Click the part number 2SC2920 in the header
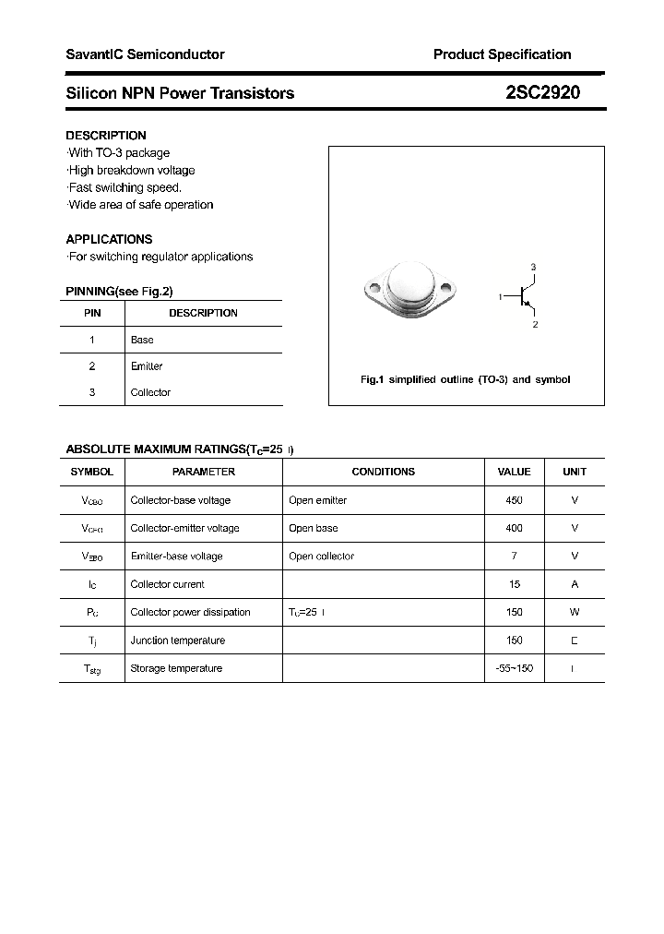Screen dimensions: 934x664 [x=543, y=92]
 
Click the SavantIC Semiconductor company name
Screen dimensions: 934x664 [x=145, y=54]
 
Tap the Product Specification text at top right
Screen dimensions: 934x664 [x=502, y=54]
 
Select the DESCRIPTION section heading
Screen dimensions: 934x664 [x=106, y=135]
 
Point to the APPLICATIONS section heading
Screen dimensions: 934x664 [x=109, y=239]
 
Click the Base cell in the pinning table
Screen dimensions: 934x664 [x=142, y=340]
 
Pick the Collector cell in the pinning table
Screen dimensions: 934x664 [x=150, y=392]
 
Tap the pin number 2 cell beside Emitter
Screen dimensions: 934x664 [x=92, y=366]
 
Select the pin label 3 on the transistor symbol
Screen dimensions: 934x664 [x=533, y=267]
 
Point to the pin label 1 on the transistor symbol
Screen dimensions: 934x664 [x=500, y=296]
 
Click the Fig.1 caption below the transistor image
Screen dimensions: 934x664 [x=465, y=379]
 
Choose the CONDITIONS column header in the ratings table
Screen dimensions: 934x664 [x=383, y=472]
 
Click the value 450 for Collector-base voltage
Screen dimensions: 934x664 [x=514, y=500]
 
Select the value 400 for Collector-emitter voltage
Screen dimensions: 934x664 [x=514, y=528]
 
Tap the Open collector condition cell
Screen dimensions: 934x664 [x=321, y=557]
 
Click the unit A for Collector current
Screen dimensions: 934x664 [x=575, y=584]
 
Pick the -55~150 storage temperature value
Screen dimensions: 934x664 [x=514, y=668]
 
